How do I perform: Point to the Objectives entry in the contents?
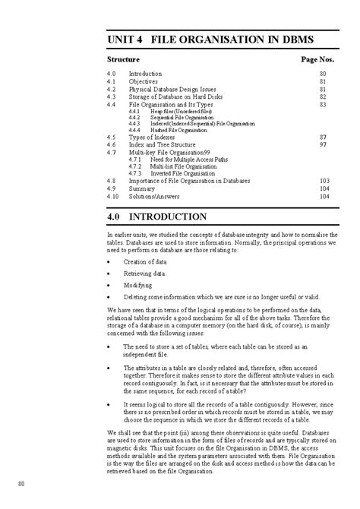tap(144, 81)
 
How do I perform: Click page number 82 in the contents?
tap(323, 97)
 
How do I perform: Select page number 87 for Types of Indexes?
tap(323, 136)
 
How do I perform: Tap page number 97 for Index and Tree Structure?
tap(323, 144)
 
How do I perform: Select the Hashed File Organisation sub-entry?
tap(169, 130)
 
